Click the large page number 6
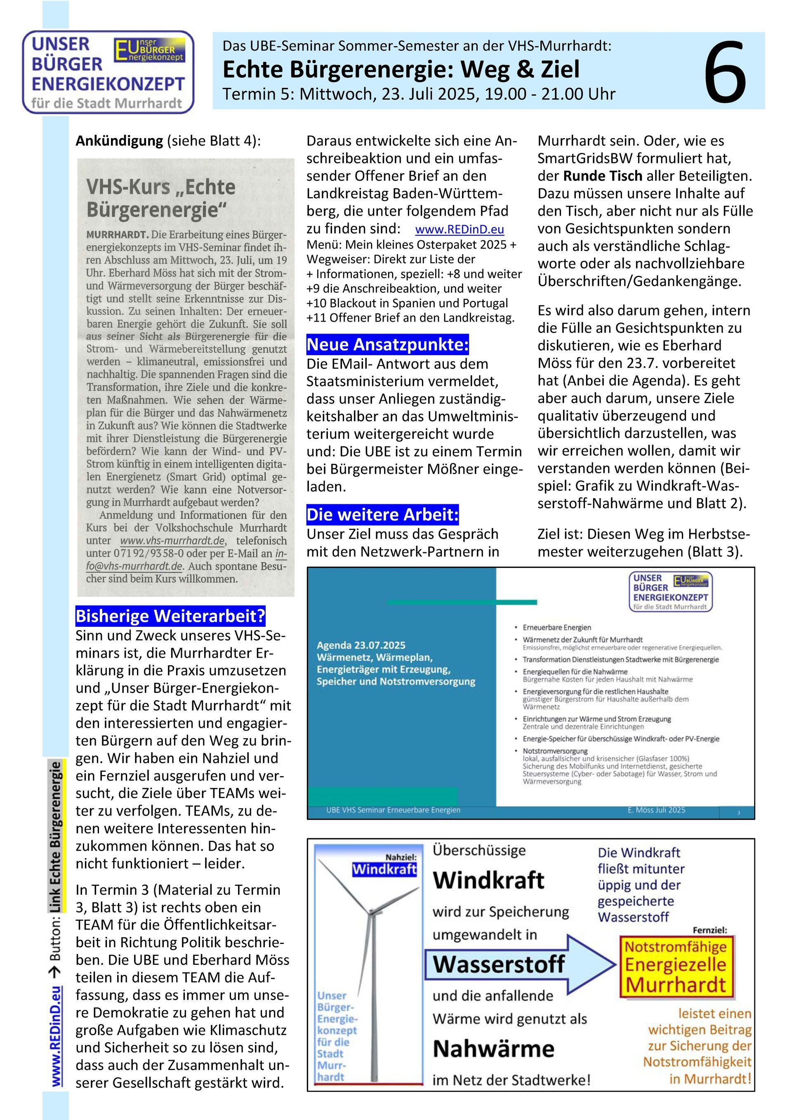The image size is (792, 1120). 725,72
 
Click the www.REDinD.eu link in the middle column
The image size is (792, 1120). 459,229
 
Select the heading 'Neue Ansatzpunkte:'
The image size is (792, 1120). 387,344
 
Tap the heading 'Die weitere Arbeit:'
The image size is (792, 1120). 382,515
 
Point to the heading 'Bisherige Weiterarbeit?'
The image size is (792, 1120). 170,616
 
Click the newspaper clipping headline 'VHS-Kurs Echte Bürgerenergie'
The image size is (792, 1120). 161,198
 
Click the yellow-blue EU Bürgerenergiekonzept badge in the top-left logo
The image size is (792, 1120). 150,50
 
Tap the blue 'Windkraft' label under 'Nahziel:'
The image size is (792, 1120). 384,869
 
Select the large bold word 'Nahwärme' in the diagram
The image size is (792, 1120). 493,1049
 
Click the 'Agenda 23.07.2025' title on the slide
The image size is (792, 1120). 361,645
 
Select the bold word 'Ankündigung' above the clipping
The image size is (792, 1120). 119,141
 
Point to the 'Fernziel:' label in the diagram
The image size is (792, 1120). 709,930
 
